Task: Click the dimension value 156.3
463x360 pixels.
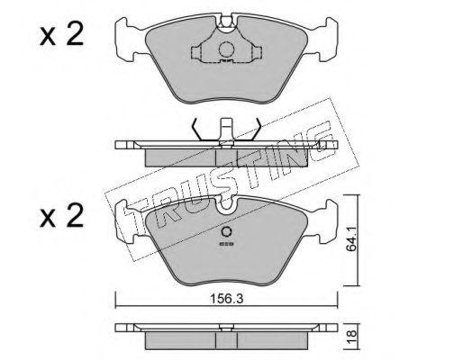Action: point(226,299)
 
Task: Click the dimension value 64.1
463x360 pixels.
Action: point(351,238)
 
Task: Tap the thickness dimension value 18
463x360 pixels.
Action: point(351,333)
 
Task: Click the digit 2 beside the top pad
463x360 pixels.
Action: point(74,35)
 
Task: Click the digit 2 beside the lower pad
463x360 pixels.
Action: point(75,215)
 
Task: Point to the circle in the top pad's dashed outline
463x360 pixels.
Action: point(226,49)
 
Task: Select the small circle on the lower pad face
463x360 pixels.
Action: point(226,232)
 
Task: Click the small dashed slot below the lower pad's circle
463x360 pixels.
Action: point(226,244)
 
